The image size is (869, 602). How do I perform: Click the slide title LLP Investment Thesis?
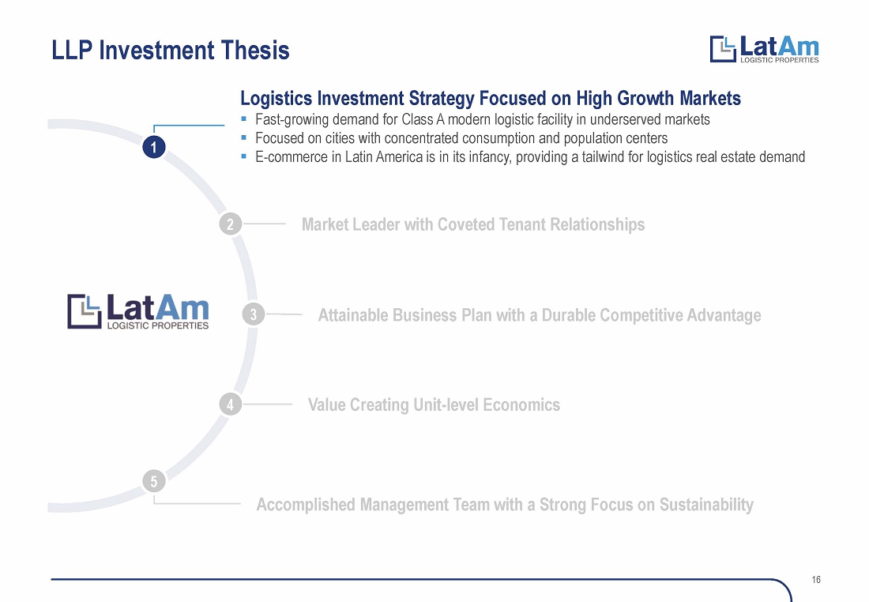pyautogui.click(x=171, y=51)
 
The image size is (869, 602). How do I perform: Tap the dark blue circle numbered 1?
pyautogui.click(x=154, y=148)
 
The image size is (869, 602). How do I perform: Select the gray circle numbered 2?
pyautogui.click(x=230, y=224)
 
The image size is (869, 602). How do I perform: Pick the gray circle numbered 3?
pyautogui.click(x=254, y=315)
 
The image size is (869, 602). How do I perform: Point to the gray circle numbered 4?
pyautogui.click(x=230, y=404)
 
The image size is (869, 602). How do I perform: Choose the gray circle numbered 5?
pyautogui.click(x=154, y=481)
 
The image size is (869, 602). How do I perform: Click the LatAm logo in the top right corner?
pyautogui.click(x=764, y=49)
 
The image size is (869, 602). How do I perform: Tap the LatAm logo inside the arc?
pyautogui.click(x=138, y=311)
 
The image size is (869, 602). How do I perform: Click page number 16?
pyautogui.click(x=816, y=580)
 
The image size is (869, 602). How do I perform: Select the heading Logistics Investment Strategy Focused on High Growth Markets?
pyautogui.click(x=491, y=98)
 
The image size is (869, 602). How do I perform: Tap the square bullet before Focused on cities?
pyautogui.click(x=244, y=137)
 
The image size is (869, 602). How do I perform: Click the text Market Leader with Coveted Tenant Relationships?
pyautogui.click(x=473, y=224)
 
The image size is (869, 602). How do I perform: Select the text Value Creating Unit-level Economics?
pyautogui.click(x=434, y=404)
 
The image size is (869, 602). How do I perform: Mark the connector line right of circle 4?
pyautogui.click(x=267, y=404)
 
